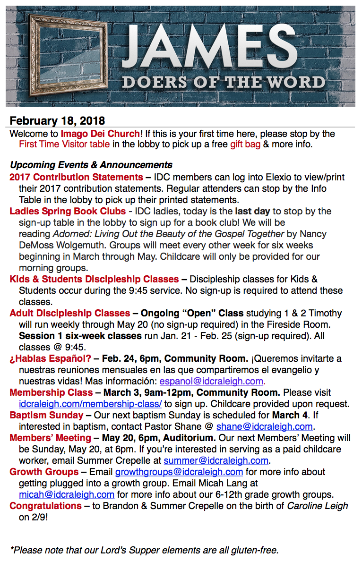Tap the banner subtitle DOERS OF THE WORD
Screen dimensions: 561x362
224,83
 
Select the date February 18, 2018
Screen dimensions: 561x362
57,121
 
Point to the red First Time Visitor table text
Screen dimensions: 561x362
64,144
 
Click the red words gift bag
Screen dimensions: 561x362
245,144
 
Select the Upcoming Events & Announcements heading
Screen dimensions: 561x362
91,165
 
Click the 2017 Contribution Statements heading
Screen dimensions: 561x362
76,177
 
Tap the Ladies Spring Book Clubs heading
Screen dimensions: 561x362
68,211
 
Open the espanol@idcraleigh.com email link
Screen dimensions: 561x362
212,381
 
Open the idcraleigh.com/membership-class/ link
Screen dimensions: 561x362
90,404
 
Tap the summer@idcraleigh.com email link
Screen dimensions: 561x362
216,460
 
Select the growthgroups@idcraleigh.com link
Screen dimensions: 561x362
179,472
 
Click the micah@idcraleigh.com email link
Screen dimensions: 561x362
67,494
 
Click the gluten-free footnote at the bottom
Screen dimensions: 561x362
145,550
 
